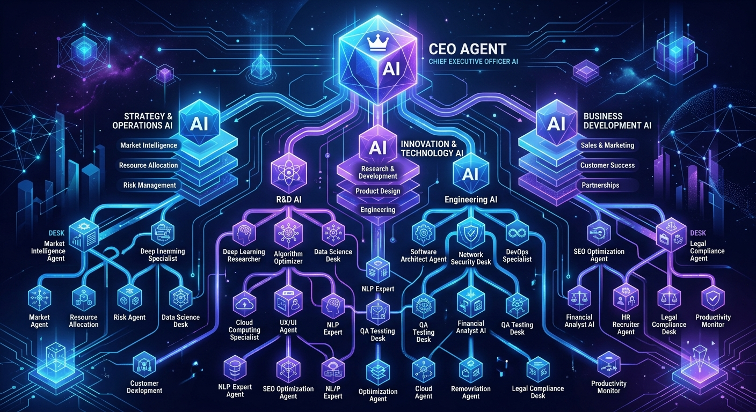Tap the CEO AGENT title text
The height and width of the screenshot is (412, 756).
(x=467, y=50)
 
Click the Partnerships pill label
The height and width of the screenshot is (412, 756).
(x=600, y=185)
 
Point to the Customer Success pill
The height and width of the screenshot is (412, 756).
(x=607, y=165)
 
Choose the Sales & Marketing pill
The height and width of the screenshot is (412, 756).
(x=607, y=145)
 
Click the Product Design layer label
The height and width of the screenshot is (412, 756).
(x=377, y=191)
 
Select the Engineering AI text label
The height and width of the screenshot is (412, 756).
(x=471, y=200)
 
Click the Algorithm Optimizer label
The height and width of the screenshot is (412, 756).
(x=288, y=257)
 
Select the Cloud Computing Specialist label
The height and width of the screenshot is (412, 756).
(x=244, y=330)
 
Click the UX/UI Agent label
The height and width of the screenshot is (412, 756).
(x=288, y=327)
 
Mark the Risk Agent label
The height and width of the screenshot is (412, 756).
(x=129, y=317)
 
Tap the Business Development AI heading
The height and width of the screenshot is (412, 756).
(x=617, y=121)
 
